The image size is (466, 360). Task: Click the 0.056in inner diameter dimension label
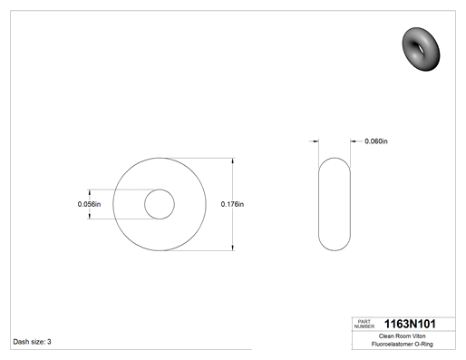click(x=89, y=204)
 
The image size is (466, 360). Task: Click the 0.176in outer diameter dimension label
click(x=232, y=204)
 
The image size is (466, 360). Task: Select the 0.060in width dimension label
click(x=376, y=141)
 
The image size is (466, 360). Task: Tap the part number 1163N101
click(x=410, y=324)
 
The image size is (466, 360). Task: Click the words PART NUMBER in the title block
click(x=364, y=324)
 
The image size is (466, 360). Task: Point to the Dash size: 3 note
click(x=32, y=342)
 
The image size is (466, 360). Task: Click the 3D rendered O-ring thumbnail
click(x=421, y=49)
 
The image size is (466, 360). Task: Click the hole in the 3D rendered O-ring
click(x=421, y=48)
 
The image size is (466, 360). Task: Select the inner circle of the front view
click(x=160, y=190)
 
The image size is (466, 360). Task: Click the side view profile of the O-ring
click(x=319, y=204)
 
